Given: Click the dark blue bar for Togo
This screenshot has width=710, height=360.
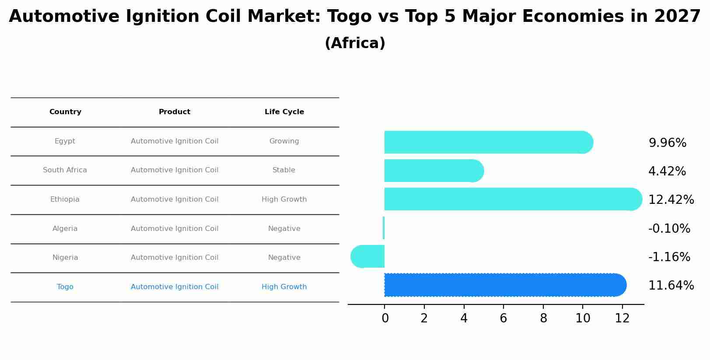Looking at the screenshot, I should coord(503,285).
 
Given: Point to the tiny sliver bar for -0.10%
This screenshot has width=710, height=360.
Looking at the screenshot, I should coord(384,228).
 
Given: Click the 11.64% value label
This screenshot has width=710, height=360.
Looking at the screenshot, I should coord(671,286).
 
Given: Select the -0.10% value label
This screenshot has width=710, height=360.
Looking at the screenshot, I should coord(669,229).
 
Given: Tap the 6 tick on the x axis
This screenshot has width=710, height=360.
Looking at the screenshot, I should coord(504,318).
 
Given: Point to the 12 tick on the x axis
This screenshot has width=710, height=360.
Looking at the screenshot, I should coord(622,318).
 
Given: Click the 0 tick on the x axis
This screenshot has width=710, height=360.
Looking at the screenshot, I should coord(385,318).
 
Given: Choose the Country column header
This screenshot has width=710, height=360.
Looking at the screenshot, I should coord(65,112).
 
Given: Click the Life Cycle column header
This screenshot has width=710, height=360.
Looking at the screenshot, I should coord(284,112).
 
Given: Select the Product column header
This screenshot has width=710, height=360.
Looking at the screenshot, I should coord(175,112).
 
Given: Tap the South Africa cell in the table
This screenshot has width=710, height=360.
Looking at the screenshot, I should coord(65,170).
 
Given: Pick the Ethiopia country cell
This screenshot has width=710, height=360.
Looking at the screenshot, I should coord(65,199).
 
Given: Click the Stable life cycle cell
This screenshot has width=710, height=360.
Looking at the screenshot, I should coord(284,170).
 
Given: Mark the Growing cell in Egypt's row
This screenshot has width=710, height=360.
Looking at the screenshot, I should coord(284,141).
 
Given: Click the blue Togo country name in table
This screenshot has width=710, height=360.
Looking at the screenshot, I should coord(65,287).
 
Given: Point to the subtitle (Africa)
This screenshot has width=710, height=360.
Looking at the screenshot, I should coord(355,43).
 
